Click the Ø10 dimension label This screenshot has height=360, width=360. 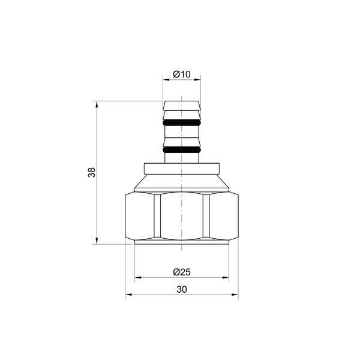182,74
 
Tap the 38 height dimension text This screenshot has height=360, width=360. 92,172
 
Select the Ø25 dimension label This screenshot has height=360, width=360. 182,272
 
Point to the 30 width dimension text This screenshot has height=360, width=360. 182,290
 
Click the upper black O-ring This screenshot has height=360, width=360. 182,122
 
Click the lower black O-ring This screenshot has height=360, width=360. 182,150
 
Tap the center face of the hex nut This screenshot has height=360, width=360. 182,216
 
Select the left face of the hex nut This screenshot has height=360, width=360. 140,216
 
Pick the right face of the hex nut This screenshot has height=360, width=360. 224,216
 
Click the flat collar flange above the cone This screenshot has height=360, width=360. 182,169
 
